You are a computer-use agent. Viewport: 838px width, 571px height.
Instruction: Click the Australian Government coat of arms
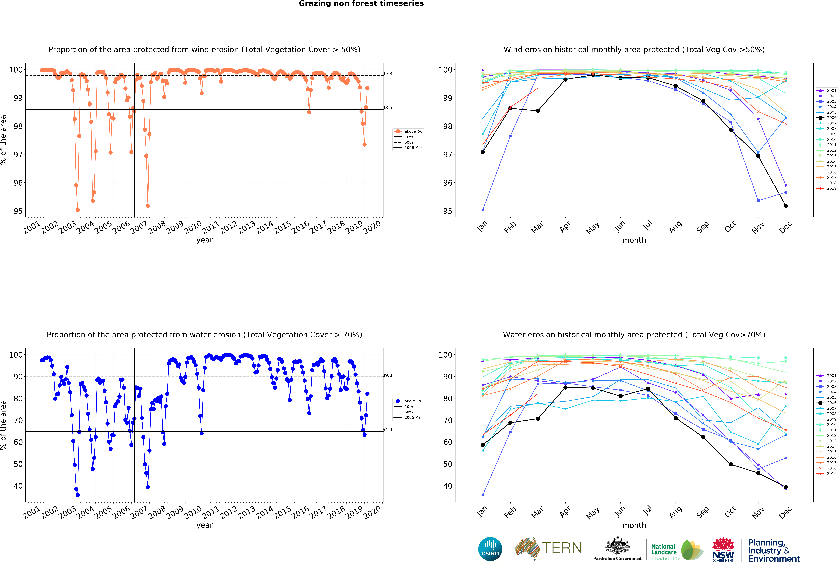pyautogui.click(x=617, y=546)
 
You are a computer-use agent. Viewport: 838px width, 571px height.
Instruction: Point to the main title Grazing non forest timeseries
pyautogui.click(x=361, y=4)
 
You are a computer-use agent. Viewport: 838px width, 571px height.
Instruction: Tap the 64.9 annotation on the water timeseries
pyautogui.click(x=387, y=430)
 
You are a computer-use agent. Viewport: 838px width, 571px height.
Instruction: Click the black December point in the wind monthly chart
pyautogui.click(x=786, y=206)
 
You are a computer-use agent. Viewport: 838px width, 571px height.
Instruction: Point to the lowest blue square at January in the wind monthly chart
pyautogui.click(x=483, y=210)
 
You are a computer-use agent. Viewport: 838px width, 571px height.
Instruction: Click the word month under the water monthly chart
pyautogui.click(x=634, y=525)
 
